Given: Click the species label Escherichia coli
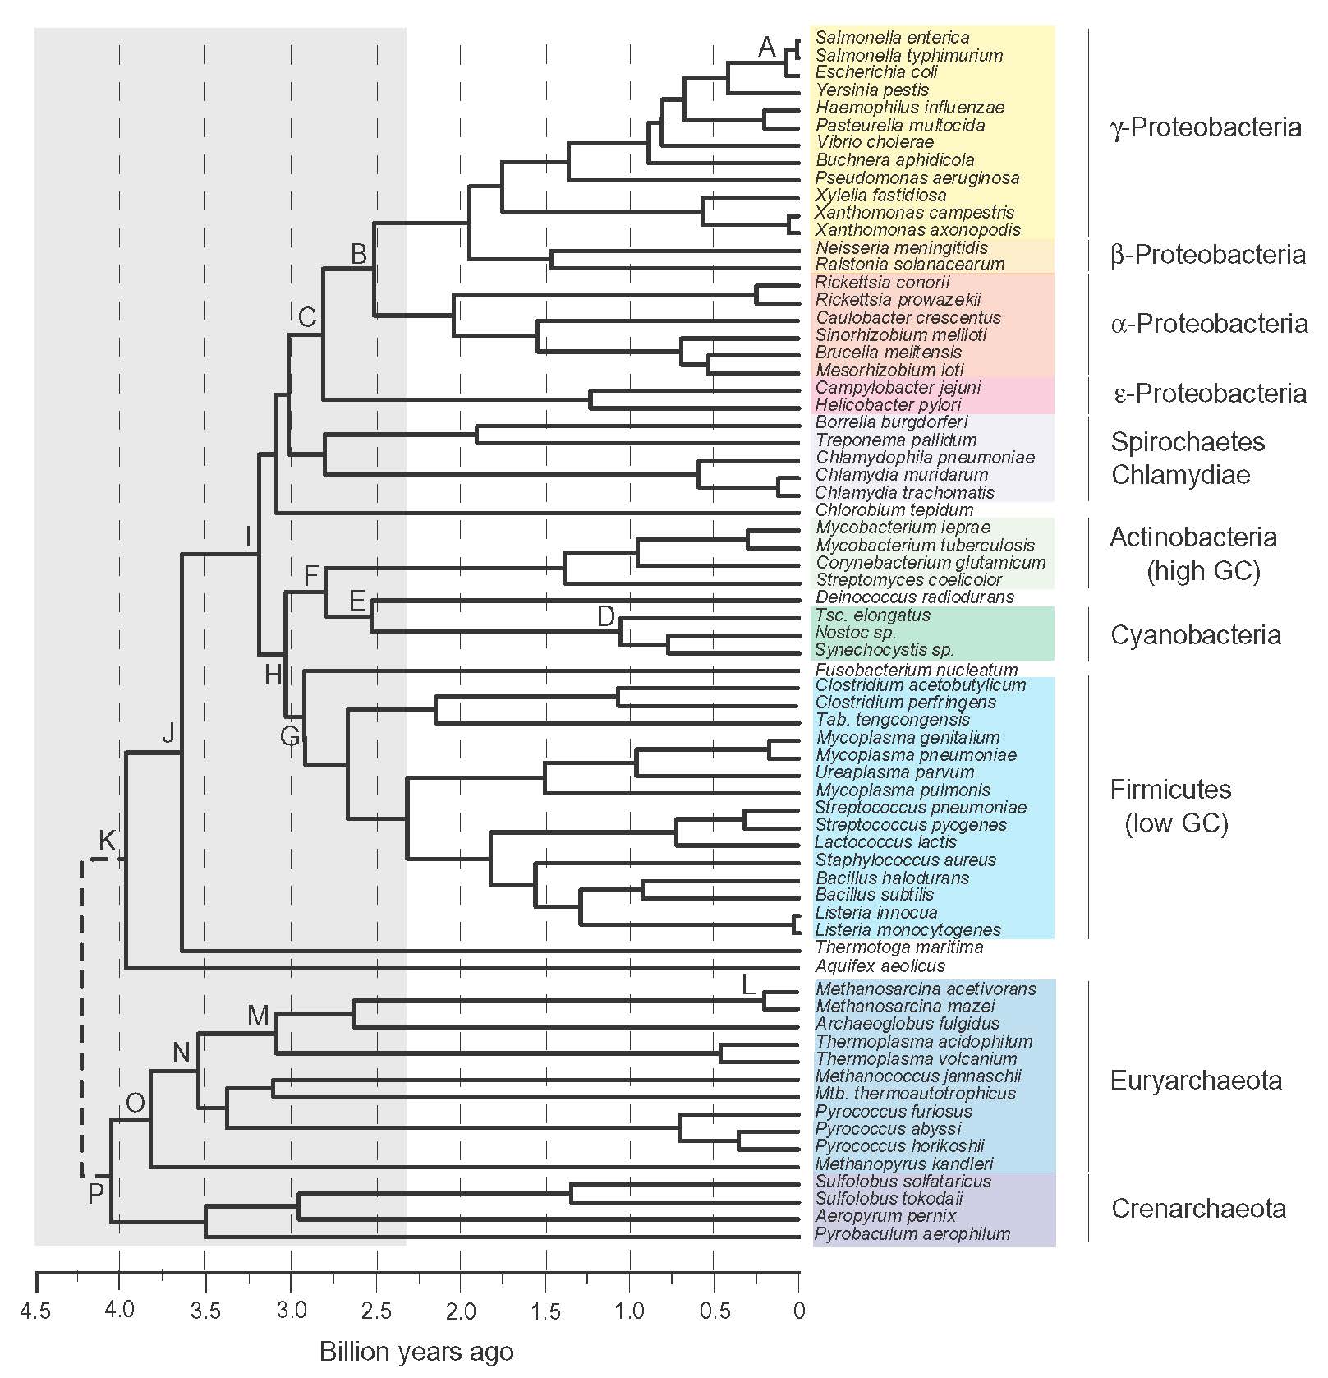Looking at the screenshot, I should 876,72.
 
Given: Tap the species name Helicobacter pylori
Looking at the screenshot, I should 888,404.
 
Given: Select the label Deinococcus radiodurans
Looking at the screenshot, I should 914,597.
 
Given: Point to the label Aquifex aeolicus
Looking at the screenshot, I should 880,966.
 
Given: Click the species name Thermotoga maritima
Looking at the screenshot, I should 898,947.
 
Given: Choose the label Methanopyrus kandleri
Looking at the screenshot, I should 904,1164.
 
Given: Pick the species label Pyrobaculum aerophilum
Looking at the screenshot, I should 912,1233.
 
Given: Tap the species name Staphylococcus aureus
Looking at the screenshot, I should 905,860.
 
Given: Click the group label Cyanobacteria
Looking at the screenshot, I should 1195,635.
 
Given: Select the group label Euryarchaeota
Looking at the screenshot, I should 1196,1081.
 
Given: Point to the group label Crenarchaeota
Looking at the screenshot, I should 1198,1209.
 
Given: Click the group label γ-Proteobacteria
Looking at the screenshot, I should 1206,128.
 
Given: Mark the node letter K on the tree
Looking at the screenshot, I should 108,841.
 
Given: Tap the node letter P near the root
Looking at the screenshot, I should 96,1192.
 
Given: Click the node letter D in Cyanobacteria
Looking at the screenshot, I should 606,616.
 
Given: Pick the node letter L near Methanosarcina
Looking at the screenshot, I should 748,984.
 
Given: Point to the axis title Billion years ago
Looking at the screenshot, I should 416,1352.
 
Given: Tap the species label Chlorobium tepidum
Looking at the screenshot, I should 894,510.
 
